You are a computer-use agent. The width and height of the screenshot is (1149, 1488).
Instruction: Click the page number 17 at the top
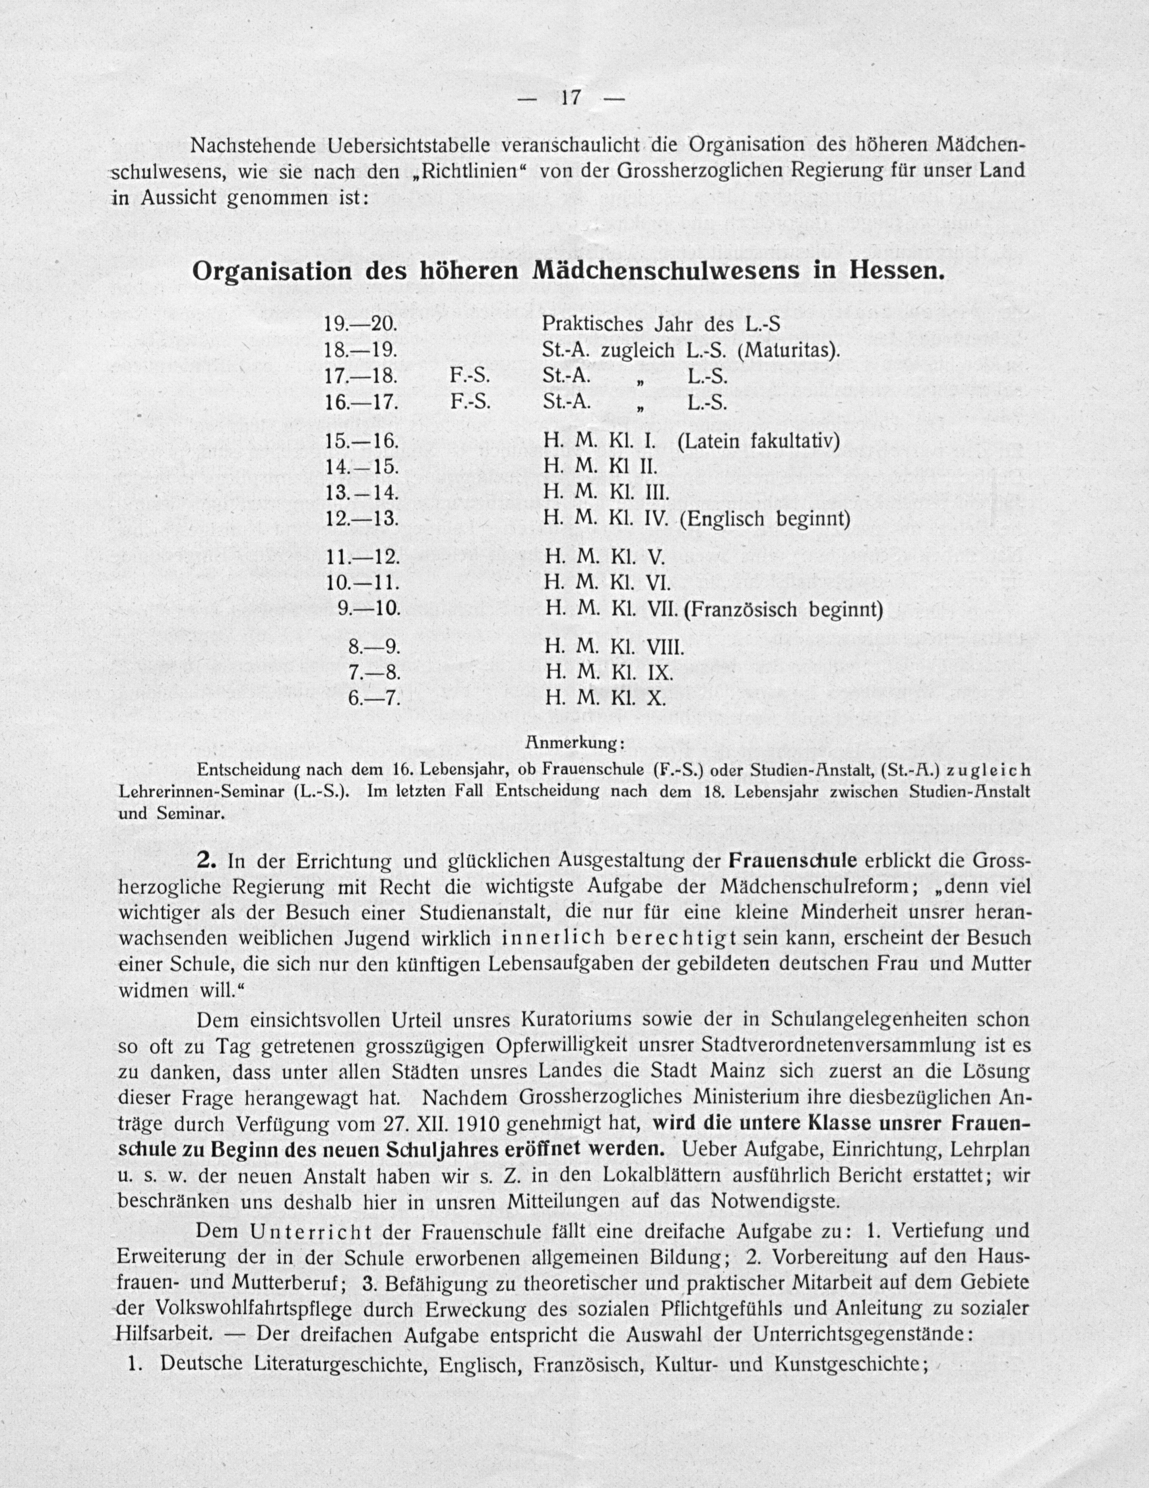tap(570, 98)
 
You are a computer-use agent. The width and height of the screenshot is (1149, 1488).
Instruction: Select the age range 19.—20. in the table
tap(361, 325)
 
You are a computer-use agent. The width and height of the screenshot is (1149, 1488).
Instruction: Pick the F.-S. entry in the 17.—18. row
tap(470, 377)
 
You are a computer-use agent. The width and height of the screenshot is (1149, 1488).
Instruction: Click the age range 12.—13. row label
tap(362, 518)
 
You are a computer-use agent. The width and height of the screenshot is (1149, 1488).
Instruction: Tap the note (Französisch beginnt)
tap(783, 608)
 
